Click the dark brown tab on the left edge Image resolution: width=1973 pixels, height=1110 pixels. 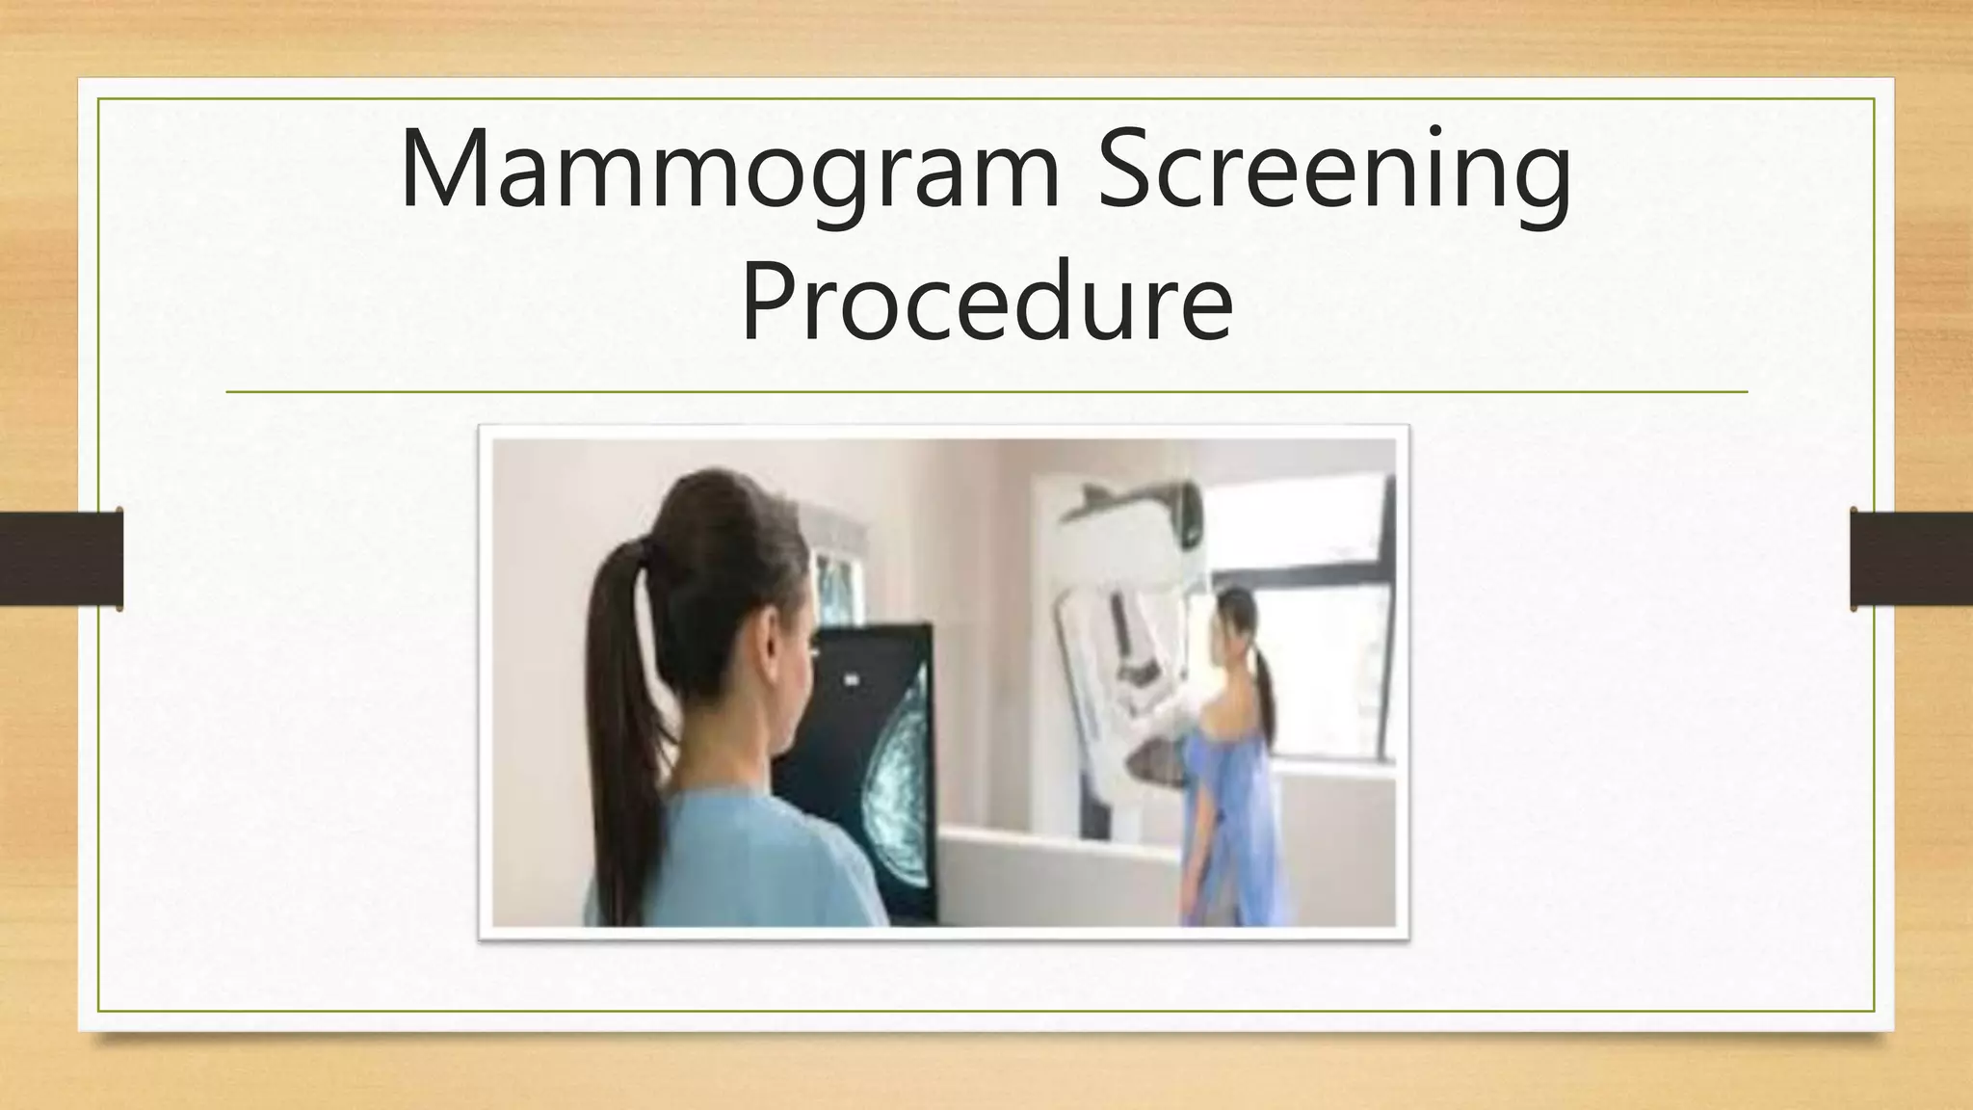tap(61, 559)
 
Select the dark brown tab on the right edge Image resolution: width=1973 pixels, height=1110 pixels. tap(1911, 559)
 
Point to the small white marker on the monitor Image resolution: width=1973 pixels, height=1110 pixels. tap(852, 680)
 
